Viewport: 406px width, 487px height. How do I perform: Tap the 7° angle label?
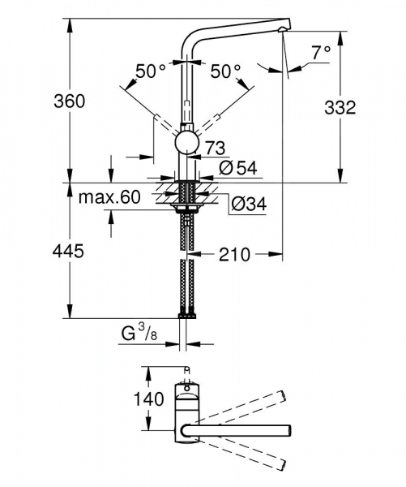[320, 52]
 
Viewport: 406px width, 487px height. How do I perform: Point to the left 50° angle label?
[151, 71]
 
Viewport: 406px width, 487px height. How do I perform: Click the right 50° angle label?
[226, 71]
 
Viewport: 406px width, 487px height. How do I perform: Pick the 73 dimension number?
[215, 148]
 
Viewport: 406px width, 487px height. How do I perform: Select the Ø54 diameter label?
[237, 168]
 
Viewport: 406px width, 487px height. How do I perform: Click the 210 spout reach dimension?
[234, 255]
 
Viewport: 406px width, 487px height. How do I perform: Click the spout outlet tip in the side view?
[281, 30]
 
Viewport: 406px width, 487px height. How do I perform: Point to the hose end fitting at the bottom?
[186, 312]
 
